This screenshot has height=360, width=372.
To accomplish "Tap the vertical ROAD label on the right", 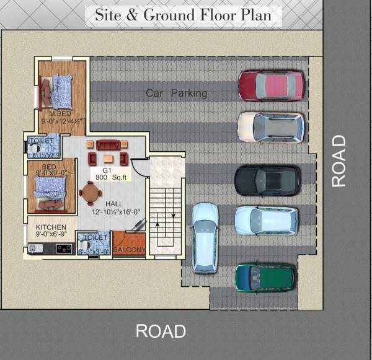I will pyautogui.click(x=339, y=160).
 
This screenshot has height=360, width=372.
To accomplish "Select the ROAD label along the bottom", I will pyautogui.click(x=161, y=330).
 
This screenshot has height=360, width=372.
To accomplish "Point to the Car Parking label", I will pyautogui.click(x=176, y=94).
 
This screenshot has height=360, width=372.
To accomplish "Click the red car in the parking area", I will pyautogui.click(x=271, y=85).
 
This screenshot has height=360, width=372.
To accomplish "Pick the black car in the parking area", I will pyautogui.click(x=267, y=180).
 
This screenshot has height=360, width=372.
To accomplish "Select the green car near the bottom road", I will pyautogui.click(x=265, y=277).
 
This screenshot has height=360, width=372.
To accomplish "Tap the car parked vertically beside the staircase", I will pyautogui.click(x=205, y=237).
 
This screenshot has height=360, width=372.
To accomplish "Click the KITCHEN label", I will pyautogui.click(x=51, y=227).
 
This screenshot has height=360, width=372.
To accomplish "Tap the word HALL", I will pyautogui.click(x=114, y=204).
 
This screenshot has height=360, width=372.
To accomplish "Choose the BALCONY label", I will pyautogui.click(x=129, y=250).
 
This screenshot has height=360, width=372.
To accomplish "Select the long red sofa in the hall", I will pyautogui.click(x=108, y=146).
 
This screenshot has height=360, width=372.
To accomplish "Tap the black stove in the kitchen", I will pyautogui.click(x=64, y=248).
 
